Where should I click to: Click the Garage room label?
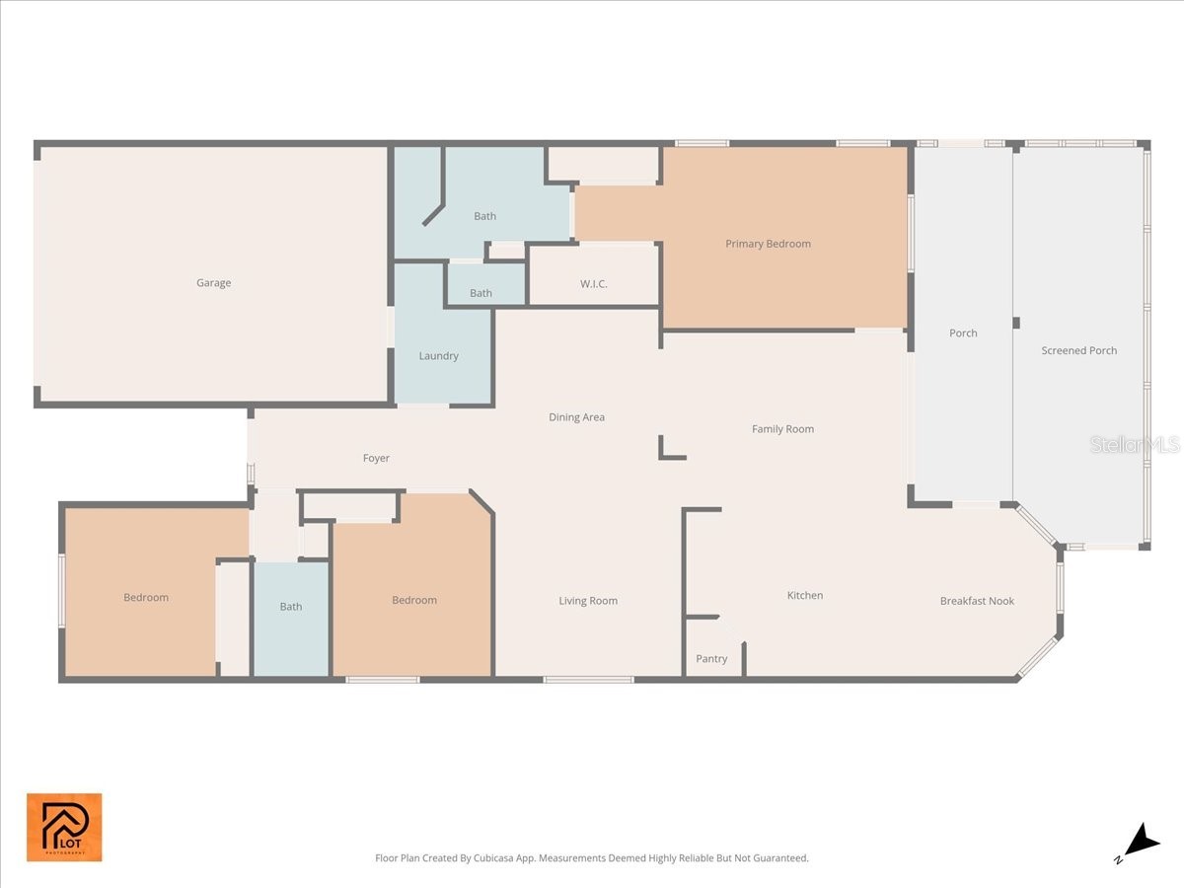point(213,283)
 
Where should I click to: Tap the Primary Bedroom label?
point(768,244)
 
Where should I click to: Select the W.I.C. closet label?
point(593,284)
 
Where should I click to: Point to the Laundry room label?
point(438,356)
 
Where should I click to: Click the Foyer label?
point(376,459)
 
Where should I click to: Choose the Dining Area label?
point(576,417)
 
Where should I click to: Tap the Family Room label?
point(782,429)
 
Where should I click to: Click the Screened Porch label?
point(1078,350)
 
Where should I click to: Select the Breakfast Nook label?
point(977,601)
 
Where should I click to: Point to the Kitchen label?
point(804,596)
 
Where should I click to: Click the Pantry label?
point(711,659)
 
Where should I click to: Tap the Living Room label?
point(588,601)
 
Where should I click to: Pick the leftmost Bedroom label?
point(146,598)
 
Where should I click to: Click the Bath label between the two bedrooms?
point(290,607)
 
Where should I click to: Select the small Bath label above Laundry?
point(481,293)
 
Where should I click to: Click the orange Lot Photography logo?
point(64,827)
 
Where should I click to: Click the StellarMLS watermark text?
point(1134,445)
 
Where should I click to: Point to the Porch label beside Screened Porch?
point(963,333)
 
